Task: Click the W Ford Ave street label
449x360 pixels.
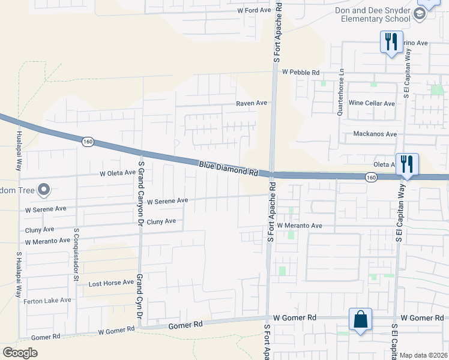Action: [254, 10]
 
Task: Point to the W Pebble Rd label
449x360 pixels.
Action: [300, 72]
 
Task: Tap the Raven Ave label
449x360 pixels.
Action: [251, 103]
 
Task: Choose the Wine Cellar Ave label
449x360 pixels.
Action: [372, 103]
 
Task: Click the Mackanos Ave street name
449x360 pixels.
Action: [375, 134]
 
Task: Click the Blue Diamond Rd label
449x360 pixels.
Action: [228, 167]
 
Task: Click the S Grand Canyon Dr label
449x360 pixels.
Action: [141, 180]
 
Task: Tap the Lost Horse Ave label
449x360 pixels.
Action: [111, 283]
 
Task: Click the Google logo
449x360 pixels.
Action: [20, 353]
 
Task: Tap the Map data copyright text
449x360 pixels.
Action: [423, 355]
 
